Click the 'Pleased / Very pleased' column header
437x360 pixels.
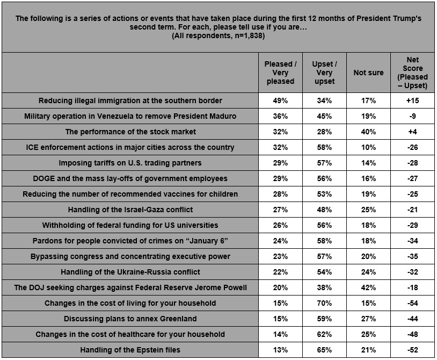[280, 73]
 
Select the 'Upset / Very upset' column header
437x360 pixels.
[324, 73]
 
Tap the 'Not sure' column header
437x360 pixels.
[368, 73]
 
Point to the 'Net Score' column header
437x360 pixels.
[412, 73]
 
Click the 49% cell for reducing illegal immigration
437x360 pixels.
[280, 100]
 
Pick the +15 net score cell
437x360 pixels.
[412, 100]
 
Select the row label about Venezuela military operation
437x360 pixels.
[130, 116]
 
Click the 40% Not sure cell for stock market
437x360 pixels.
[368, 132]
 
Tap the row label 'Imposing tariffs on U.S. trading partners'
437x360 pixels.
[130, 163]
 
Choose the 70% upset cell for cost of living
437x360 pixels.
[324, 303]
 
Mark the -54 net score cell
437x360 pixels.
[412, 303]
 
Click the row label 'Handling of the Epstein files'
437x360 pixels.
[130, 350]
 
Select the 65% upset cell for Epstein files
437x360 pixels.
[324, 350]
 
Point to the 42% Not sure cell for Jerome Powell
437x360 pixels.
[368, 287]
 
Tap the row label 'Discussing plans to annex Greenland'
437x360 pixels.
[130, 319]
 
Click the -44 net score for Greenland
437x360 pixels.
[412, 319]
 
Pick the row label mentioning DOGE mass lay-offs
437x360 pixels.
[130, 178]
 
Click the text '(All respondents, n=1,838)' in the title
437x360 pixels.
[218, 35]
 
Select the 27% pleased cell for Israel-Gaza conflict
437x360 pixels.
[280, 210]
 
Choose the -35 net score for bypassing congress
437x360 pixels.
[412, 256]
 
